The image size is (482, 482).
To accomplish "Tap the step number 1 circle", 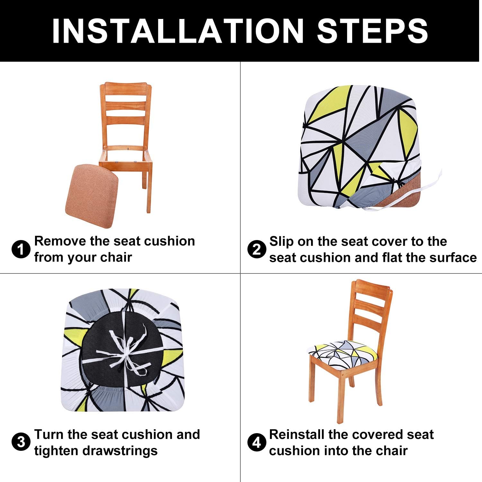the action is tap(21, 250).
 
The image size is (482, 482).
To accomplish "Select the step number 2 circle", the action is tap(256, 250).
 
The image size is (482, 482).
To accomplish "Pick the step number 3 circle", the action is tap(21, 442).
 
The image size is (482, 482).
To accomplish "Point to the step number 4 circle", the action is tap(256, 443).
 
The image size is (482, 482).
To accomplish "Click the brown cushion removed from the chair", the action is tap(92, 196).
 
